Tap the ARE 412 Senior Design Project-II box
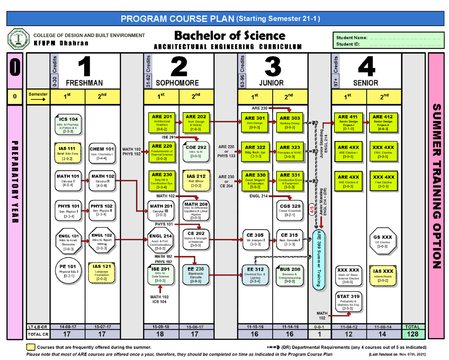point(383,122)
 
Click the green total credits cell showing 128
point(413,334)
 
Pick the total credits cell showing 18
point(161,334)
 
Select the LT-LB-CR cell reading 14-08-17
point(67,326)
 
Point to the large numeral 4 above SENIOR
point(366,67)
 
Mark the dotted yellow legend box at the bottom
point(31,347)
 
